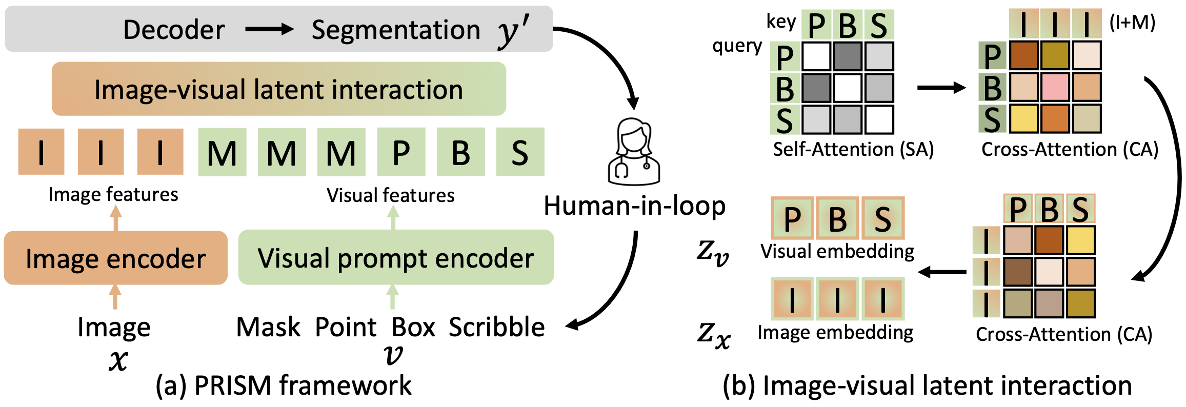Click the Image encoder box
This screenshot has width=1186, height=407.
(x=115, y=258)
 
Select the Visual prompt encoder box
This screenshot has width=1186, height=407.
(x=396, y=258)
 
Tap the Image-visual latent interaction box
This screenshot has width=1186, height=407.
(x=279, y=89)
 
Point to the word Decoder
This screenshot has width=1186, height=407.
(x=174, y=30)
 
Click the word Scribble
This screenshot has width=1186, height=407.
(x=496, y=327)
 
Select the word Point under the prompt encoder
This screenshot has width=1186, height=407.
(x=346, y=327)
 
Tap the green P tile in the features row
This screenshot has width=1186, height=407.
(x=401, y=152)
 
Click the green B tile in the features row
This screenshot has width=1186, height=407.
(x=460, y=152)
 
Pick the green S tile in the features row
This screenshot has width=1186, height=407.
(x=520, y=152)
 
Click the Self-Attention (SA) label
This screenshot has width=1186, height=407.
(x=853, y=149)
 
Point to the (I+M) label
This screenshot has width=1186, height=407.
(x=1132, y=23)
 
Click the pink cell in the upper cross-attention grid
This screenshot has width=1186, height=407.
(x=1055, y=87)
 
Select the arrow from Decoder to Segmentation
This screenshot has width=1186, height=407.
(x=269, y=29)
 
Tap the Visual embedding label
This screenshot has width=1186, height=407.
(x=837, y=251)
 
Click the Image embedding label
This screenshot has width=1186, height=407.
(x=835, y=332)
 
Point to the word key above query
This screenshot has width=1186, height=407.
(x=781, y=22)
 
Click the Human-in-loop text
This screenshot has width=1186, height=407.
(x=634, y=206)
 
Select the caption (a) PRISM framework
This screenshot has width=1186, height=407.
(x=284, y=385)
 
